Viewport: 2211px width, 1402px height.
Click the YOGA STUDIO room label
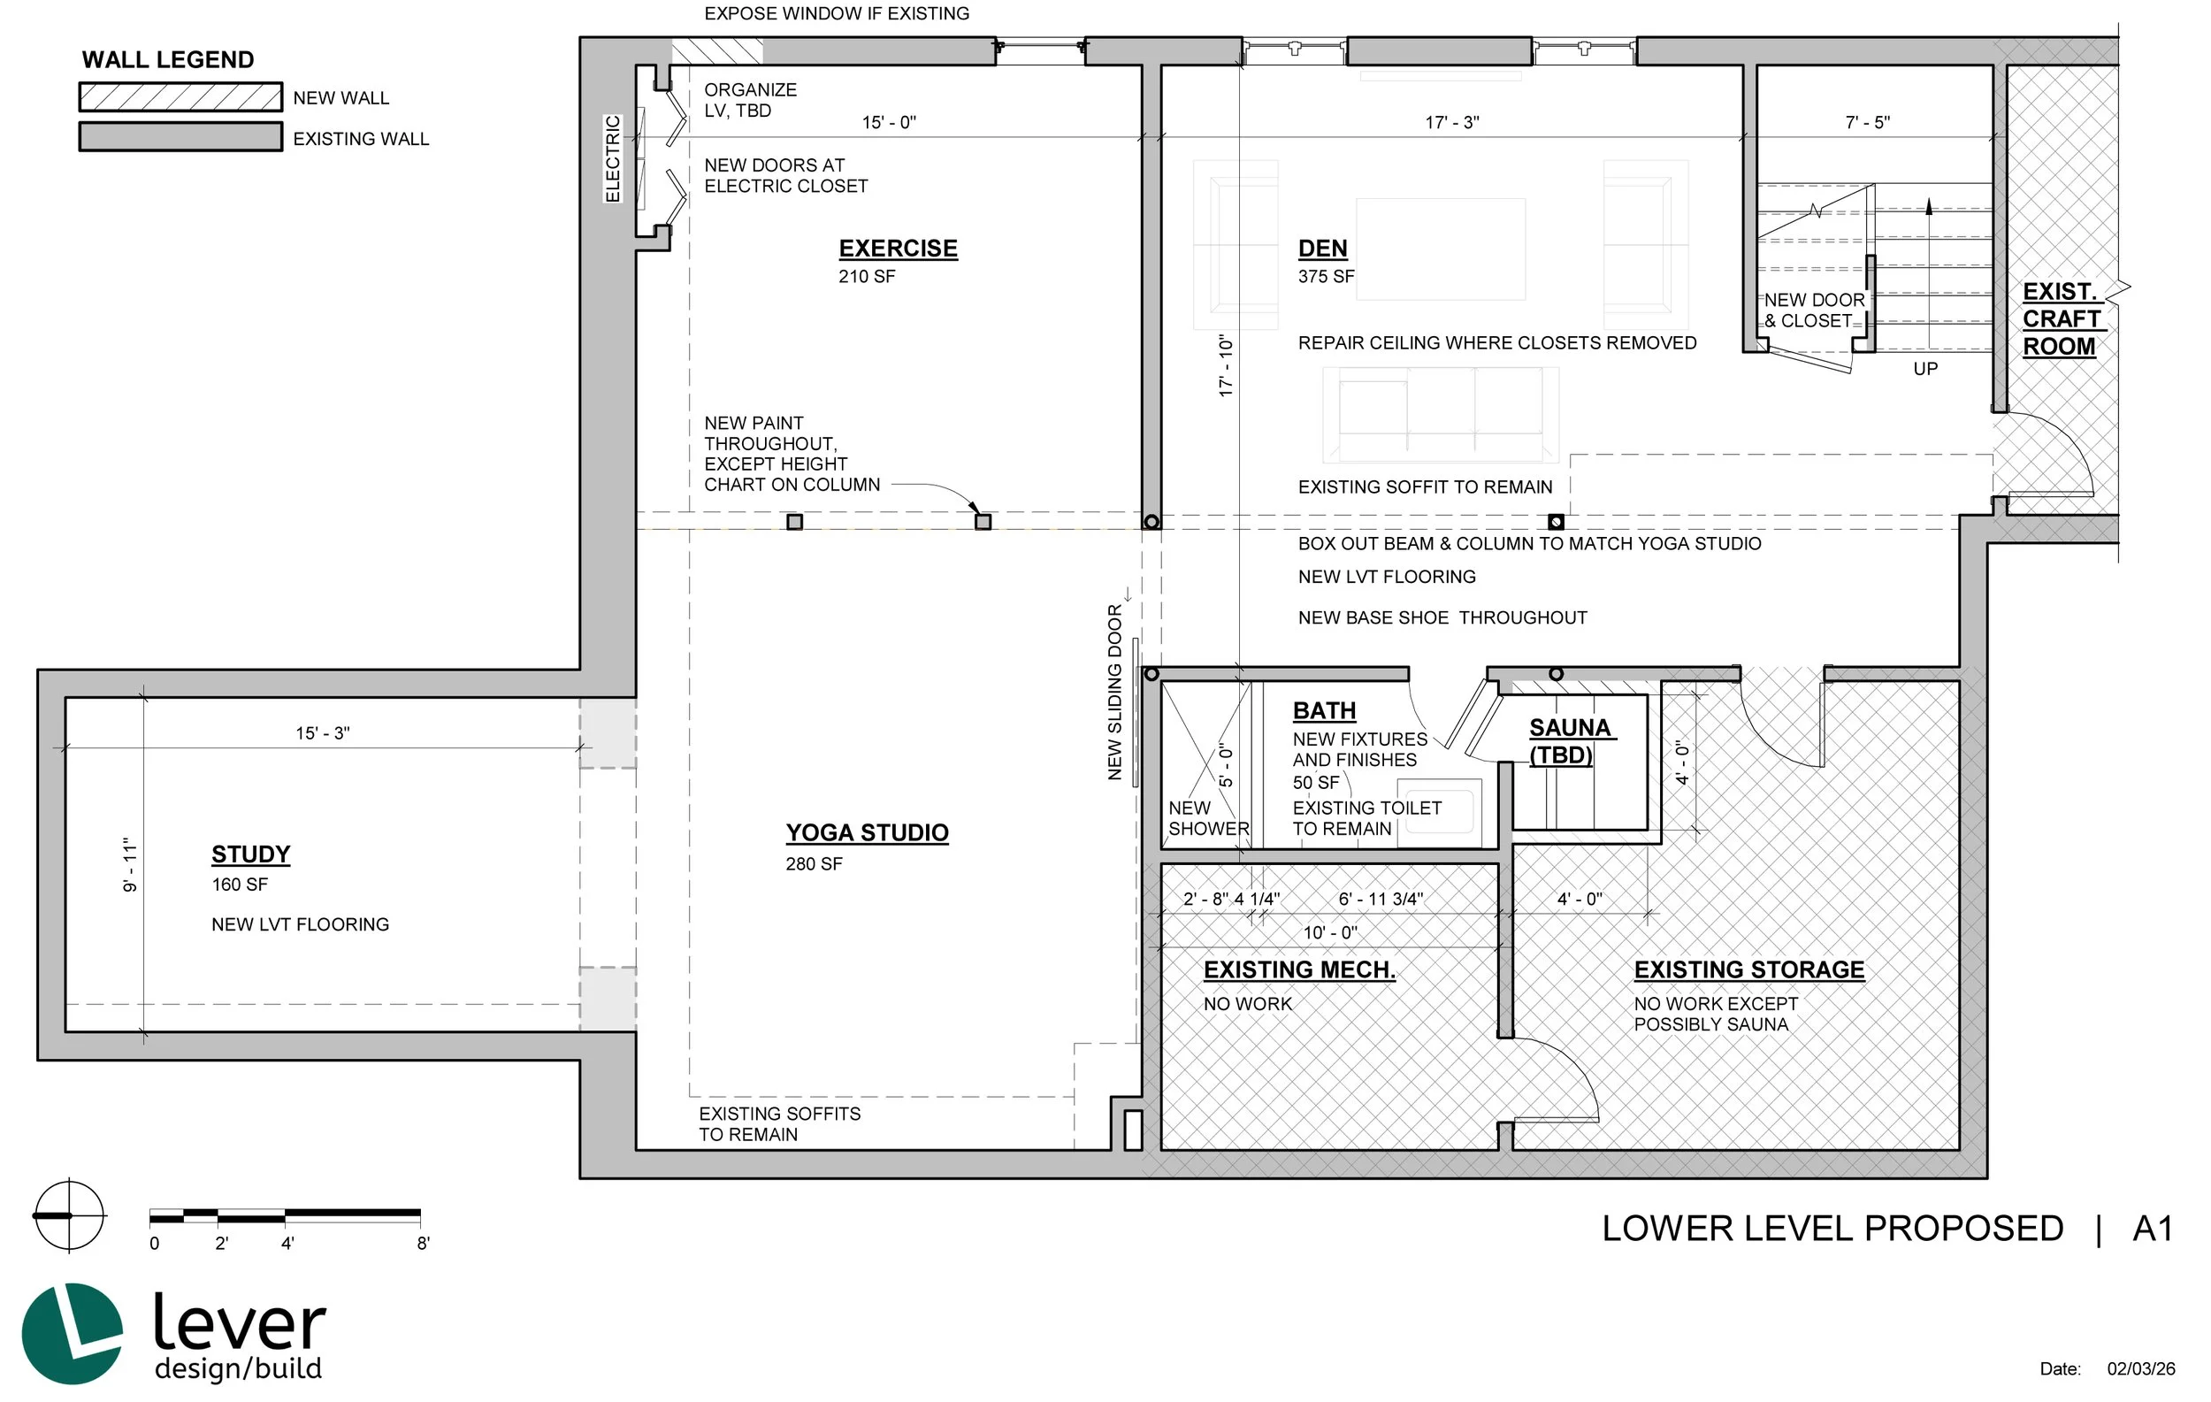pyautogui.click(x=867, y=832)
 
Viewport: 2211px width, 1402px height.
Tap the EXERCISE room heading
pyautogui.click(x=898, y=249)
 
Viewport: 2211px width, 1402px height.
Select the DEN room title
pyautogui.click(x=1322, y=249)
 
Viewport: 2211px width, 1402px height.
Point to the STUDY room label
pyautogui.click(x=250, y=854)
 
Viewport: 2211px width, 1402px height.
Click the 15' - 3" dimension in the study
pyautogui.click(x=322, y=733)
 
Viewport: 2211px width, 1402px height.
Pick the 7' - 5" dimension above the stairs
pyautogui.click(x=1868, y=122)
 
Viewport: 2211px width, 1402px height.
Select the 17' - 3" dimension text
pyautogui.click(x=1451, y=122)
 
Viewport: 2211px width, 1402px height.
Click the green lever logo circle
pyautogui.click(x=72, y=1333)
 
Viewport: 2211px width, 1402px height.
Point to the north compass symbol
pyautogui.click(x=69, y=1215)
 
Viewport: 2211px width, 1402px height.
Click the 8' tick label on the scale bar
pyautogui.click(x=424, y=1244)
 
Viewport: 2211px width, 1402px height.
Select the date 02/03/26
pyautogui.click(x=2141, y=1369)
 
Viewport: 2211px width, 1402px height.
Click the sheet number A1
pyautogui.click(x=2154, y=1230)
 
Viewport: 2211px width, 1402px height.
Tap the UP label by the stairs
pyautogui.click(x=1925, y=369)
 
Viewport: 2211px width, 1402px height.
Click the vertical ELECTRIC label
pyautogui.click(x=612, y=159)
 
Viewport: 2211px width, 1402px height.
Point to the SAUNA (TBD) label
pyautogui.click(x=1569, y=742)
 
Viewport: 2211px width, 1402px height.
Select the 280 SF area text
pyautogui.click(x=814, y=864)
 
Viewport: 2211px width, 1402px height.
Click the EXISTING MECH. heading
pyautogui.click(x=1299, y=970)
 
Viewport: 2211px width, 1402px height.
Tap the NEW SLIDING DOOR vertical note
pyautogui.click(x=1114, y=693)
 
